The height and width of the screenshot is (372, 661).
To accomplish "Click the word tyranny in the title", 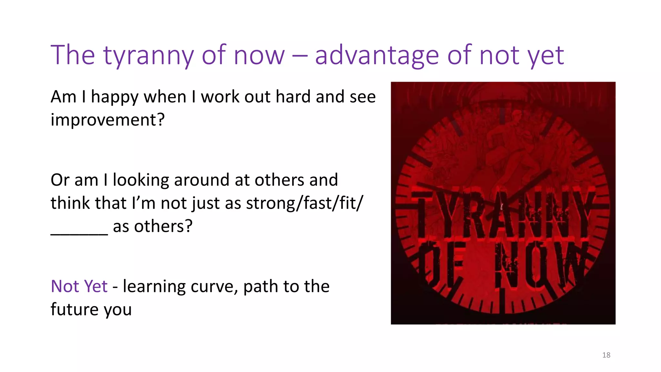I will [x=148, y=56].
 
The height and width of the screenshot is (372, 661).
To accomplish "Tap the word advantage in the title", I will [x=377, y=56].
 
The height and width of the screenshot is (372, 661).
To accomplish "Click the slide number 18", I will [x=606, y=355].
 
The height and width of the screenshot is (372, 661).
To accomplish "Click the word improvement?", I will [x=107, y=120].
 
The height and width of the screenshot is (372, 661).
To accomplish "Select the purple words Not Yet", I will [x=79, y=286].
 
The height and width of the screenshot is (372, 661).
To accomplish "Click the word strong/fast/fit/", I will [x=304, y=203].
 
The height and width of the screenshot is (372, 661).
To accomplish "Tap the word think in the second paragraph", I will [x=70, y=203].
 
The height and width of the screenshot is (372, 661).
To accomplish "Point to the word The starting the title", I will [x=73, y=56].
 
